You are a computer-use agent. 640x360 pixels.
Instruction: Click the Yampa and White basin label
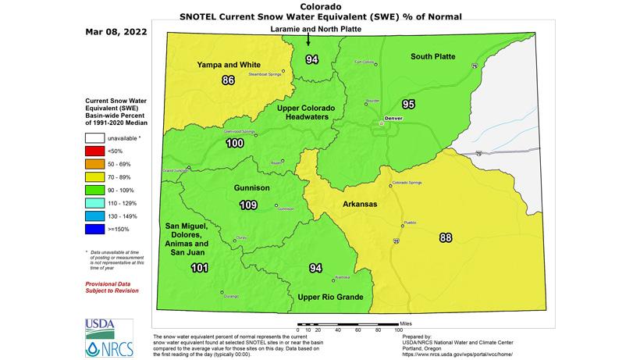point(228,64)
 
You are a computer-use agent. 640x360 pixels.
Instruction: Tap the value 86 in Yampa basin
point(228,80)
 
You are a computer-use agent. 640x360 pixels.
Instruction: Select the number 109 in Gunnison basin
point(247,205)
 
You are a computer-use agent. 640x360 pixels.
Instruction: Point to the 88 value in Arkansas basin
point(446,237)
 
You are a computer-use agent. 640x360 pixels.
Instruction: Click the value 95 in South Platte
point(408,104)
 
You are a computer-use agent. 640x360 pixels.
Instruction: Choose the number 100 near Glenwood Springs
point(234,144)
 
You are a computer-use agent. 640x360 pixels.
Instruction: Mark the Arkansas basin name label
point(360,205)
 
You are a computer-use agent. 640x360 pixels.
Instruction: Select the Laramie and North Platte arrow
point(308,41)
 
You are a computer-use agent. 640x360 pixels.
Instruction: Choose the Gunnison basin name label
point(252,189)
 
